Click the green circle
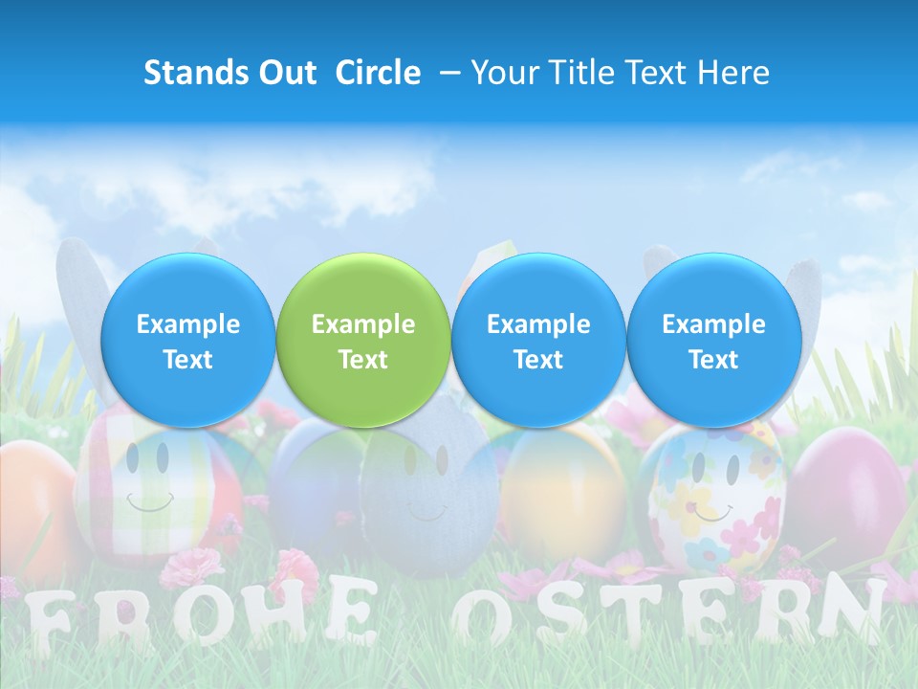coord(362,341)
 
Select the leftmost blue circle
coord(187,341)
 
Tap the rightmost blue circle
coord(713,341)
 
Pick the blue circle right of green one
coord(538,341)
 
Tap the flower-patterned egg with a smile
coord(715,498)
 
